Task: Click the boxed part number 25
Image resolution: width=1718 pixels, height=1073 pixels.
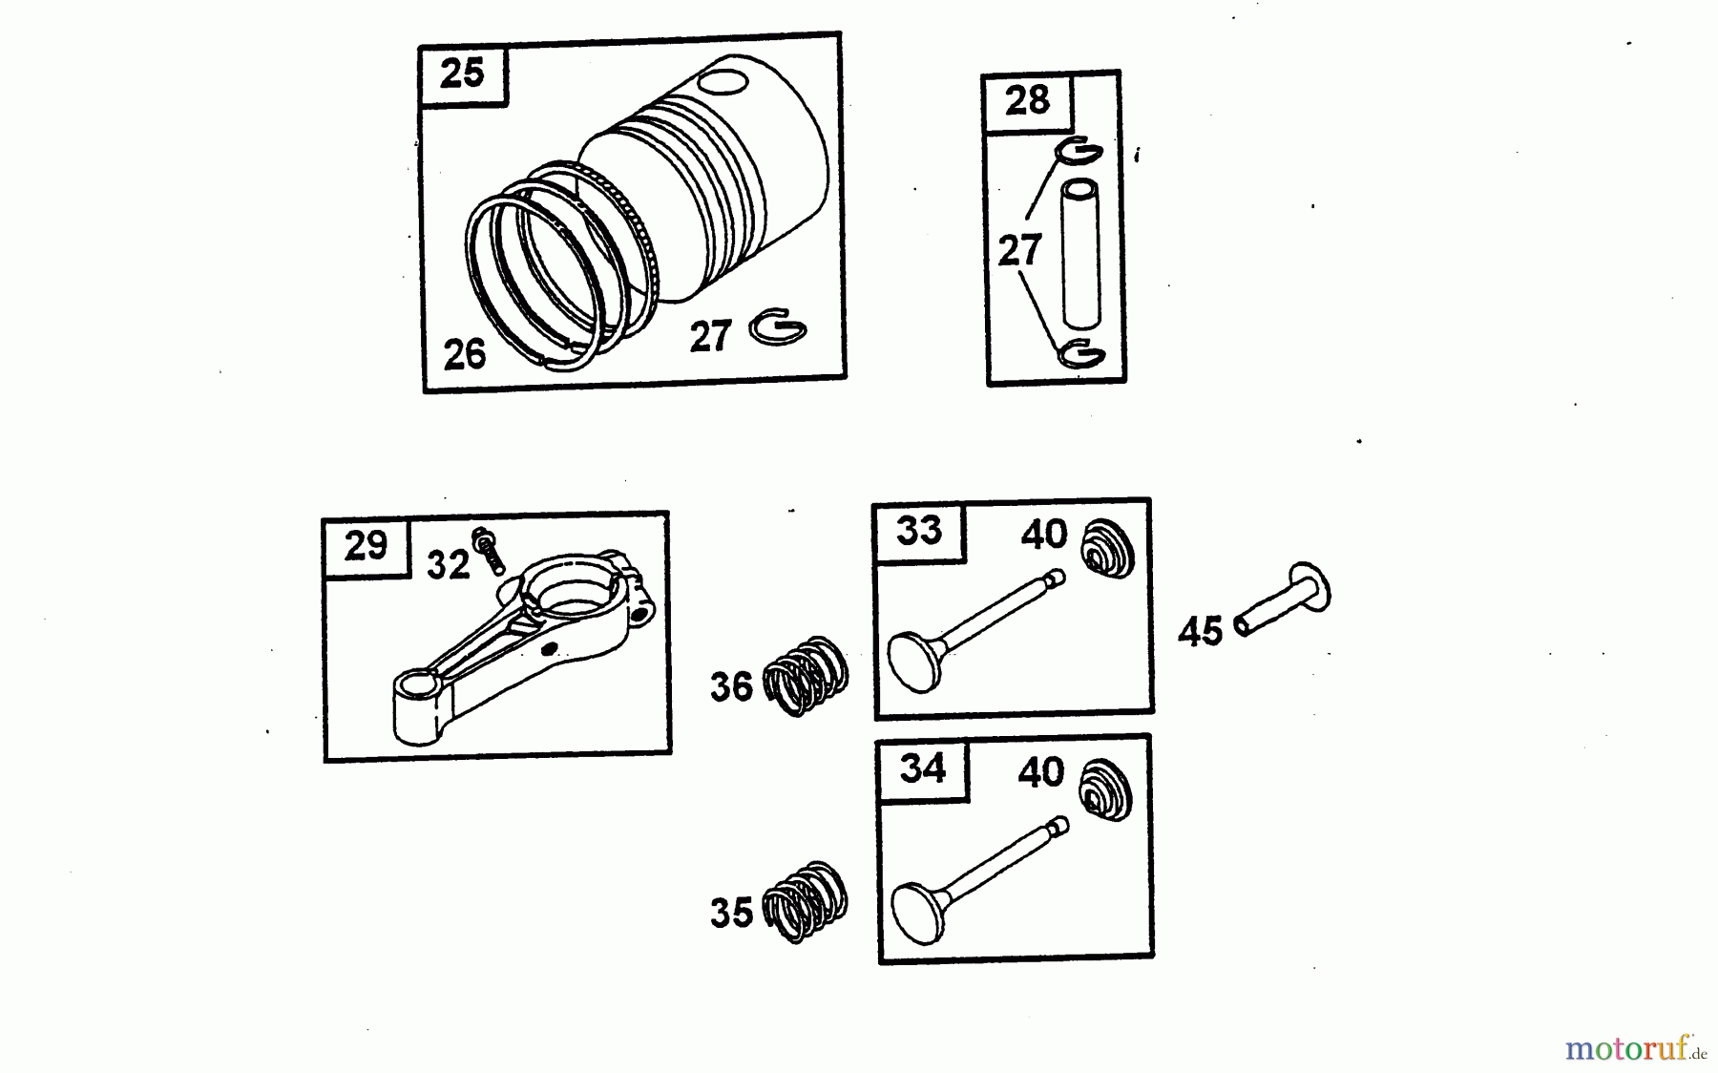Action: coord(463,73)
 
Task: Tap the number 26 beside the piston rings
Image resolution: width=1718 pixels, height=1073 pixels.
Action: coord(465,354)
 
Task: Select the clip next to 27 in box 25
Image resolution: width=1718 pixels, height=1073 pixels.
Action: coord(778,328)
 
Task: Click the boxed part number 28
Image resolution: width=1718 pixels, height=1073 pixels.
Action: coord(1027,100)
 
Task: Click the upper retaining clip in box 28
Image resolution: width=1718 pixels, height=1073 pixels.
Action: coord(1079,151)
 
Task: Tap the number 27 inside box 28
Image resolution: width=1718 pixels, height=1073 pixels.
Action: coord(1019,251)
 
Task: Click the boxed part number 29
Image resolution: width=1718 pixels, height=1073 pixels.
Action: coord(366,546)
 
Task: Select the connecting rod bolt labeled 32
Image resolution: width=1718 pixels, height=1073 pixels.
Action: coord(489,551)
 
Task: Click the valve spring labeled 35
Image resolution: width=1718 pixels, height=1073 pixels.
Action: coord(807,902)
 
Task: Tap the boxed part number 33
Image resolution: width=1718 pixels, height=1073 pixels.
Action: coord(919,530)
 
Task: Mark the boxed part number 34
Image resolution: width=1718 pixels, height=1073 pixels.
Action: coord(922,768)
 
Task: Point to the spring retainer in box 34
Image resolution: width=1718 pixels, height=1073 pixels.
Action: coord(1105,789)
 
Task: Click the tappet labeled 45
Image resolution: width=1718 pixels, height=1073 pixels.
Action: coord(1284,599)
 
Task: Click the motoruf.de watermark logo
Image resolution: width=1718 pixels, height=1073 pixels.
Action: coord(1635,1049)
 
